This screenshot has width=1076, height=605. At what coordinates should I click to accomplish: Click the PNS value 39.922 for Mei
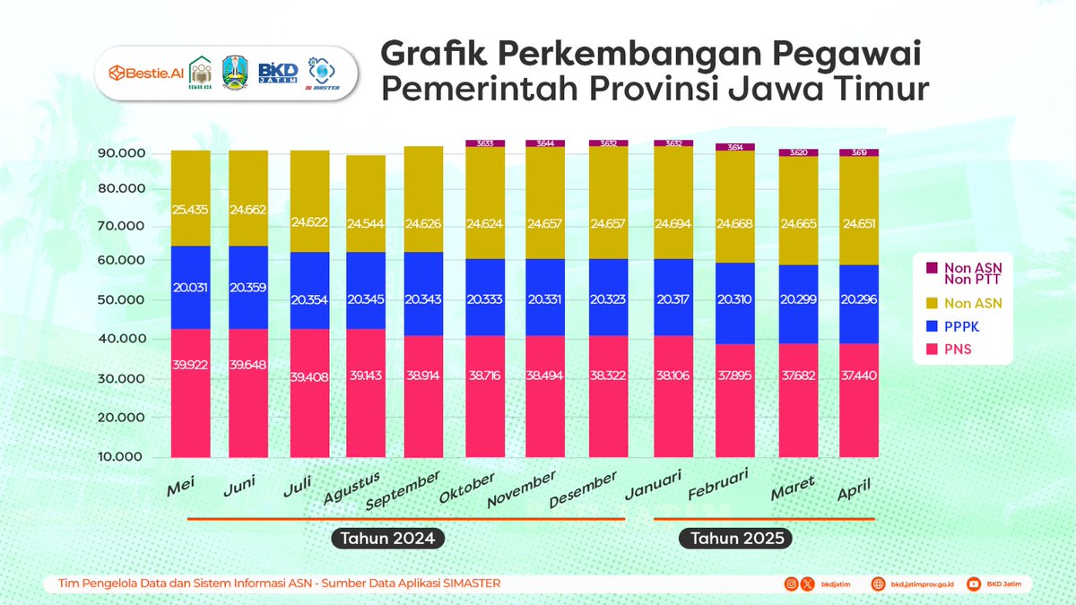(x=190, y=365)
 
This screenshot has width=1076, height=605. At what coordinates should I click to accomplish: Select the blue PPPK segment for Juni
(x=248, y=287)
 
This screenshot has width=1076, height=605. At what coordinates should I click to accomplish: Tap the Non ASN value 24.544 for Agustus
(x=366, y=221)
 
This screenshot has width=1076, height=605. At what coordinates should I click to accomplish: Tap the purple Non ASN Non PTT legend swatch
(x=931, y=267)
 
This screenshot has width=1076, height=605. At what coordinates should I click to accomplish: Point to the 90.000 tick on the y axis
(x=120, y=153)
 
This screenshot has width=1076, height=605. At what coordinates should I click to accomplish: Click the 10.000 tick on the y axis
(x=120, y=456)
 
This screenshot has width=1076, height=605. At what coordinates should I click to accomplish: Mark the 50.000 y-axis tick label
(x=120, y=300)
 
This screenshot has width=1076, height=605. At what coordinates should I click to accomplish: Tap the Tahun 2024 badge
(x=387, y=539)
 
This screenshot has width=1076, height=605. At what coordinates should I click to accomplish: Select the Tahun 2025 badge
(x=734, y=539)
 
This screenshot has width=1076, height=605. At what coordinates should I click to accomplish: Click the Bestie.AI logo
(x=143, y=72)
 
